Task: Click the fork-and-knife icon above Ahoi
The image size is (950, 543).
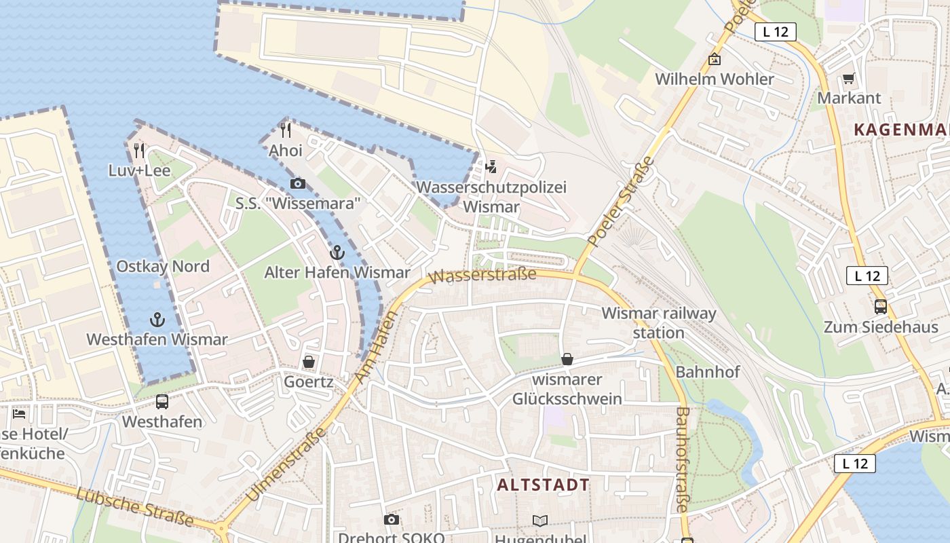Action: pos(286,130)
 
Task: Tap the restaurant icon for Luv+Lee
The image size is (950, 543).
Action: pos(139,150)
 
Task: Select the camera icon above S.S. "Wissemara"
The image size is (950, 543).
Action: pos(297,183)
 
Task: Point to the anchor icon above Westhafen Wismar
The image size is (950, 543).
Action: pos(157,320)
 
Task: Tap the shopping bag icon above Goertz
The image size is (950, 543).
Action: pos(309,362)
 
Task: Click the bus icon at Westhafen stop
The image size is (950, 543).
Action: pos(162,401)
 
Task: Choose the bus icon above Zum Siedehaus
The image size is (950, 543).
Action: pos(880,307)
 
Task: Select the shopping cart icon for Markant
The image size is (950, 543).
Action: pos(848,79)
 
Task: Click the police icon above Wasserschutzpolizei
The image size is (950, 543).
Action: pos(491,167)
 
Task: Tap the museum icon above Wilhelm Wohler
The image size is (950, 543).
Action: pos(714,60)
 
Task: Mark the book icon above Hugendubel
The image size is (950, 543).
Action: pos(539,521)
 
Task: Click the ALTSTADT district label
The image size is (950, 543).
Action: pos(543,485)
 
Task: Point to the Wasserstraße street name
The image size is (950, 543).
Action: pos(482,275)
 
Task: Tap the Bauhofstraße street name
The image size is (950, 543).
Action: pos(682,459)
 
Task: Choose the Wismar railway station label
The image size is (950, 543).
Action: pos(658,322)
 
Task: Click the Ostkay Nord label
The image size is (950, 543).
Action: pos(163,266)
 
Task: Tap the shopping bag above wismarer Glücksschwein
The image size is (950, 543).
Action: pos(567,359)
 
